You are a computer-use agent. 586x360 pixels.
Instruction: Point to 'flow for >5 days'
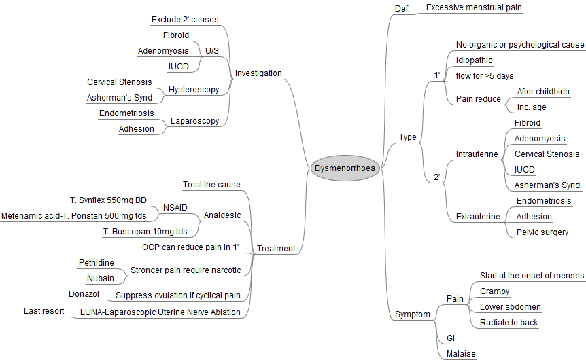485,75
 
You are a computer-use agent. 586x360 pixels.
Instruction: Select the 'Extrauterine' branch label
478,217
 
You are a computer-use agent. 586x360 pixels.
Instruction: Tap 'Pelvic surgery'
542,232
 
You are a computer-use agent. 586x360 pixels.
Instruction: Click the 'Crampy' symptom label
494,291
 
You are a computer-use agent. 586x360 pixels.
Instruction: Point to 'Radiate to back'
509,323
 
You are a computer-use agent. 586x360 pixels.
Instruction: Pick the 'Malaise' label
461,354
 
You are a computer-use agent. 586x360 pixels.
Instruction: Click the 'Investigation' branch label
258,73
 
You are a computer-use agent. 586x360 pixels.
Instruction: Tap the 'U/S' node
212,50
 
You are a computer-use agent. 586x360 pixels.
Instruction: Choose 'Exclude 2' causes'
184,19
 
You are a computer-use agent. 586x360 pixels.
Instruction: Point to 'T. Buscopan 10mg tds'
145,232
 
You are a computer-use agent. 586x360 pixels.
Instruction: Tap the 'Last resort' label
44,311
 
